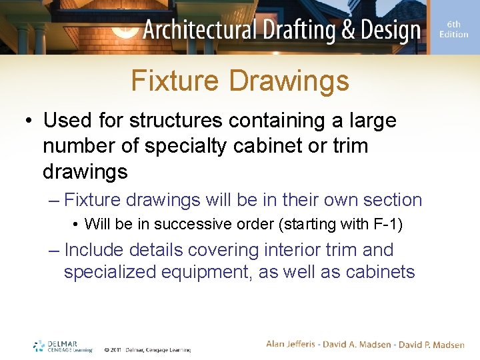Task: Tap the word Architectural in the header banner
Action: (200, 30)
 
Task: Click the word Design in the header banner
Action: (391, 30)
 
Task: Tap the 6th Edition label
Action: (453, 29)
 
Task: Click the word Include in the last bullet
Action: (94, 250)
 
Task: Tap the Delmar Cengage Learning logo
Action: (63, 346)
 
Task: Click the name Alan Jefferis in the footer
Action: (291, 345)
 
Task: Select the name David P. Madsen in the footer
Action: (431, 345)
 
